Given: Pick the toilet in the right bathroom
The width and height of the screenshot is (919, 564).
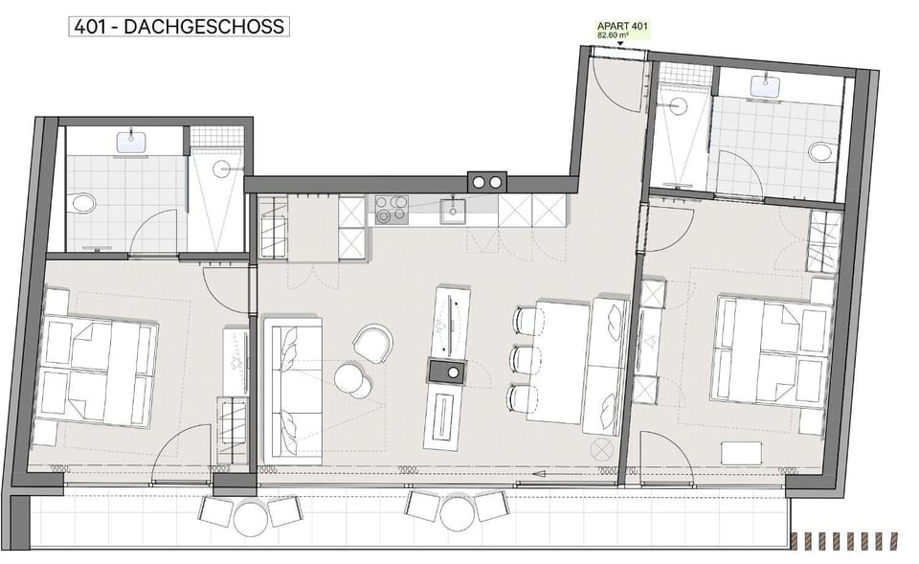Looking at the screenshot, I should (x=819, y=152).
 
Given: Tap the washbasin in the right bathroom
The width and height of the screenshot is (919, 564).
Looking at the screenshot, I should (x=768, y=87).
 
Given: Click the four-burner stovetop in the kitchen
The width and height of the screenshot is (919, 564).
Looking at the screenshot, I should (x=391, y=209).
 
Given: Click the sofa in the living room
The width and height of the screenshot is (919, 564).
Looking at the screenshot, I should (x=292, y=393).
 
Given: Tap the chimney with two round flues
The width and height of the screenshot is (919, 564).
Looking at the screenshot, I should (x=486, y=182).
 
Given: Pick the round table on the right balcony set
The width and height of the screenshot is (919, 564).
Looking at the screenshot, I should (x=457, y=514).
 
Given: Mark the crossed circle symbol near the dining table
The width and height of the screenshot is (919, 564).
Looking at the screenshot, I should (x=601, y=448).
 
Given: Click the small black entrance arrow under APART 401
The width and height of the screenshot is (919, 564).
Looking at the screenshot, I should (x=619, y=43).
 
